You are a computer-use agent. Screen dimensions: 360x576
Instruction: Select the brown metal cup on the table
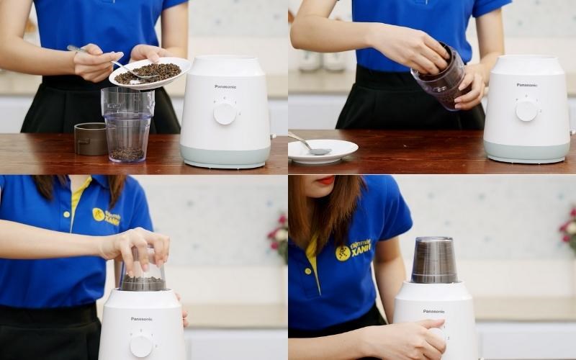[91, 138]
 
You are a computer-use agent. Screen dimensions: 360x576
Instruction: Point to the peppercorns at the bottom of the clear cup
[127, 153]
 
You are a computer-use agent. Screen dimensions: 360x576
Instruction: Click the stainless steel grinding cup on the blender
[434, 260]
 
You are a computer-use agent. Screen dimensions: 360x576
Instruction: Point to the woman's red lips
[325, 181]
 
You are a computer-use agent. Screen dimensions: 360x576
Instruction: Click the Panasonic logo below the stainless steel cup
[433, 311]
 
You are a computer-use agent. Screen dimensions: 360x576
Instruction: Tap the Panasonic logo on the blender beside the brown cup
[225, 86]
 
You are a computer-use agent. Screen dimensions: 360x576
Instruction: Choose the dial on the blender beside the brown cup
[225, 112]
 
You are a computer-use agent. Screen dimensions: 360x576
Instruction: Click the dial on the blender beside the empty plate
[526, 110]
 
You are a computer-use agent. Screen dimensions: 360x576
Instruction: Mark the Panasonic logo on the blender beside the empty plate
[526, 85]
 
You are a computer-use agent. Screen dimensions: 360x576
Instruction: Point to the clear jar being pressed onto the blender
[143, 272]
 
